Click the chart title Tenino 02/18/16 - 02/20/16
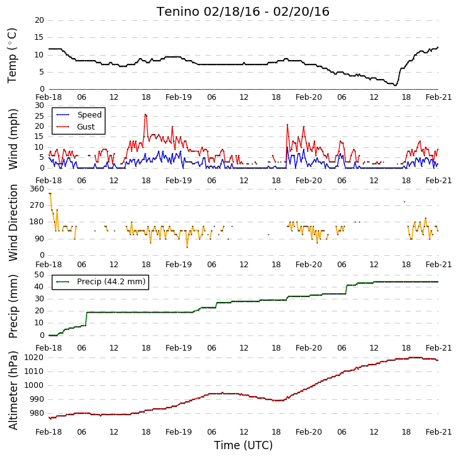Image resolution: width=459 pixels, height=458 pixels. tap(242, 12)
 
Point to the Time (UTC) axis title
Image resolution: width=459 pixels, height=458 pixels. tap(243, 445)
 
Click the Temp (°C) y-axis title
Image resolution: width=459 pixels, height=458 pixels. tap(12, 56)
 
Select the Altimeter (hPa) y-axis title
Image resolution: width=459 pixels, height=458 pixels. tap(13, 390)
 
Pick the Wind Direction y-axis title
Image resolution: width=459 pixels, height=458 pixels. tap(13, 222)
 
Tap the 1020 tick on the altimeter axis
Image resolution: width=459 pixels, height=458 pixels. tap(33, 358)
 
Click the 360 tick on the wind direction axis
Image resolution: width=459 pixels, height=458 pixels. tap(37, 189)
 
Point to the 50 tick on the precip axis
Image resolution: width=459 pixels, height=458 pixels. tap(39, 275)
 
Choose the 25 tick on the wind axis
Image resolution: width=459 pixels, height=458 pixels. tap(39, 116)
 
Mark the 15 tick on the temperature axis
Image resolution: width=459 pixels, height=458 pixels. tap(39, 37)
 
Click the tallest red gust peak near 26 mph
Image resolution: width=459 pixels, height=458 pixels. tap(145, 114)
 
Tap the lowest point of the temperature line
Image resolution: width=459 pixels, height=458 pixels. tap(395, 85)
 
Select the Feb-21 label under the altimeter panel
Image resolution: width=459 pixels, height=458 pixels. tap(438, 432)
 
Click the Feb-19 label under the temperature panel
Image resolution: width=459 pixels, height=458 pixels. tap(178, 97)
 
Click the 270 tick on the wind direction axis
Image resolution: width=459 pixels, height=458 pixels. tap(37, 205)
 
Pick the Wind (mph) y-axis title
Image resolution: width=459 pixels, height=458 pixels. tap(13, 139)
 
